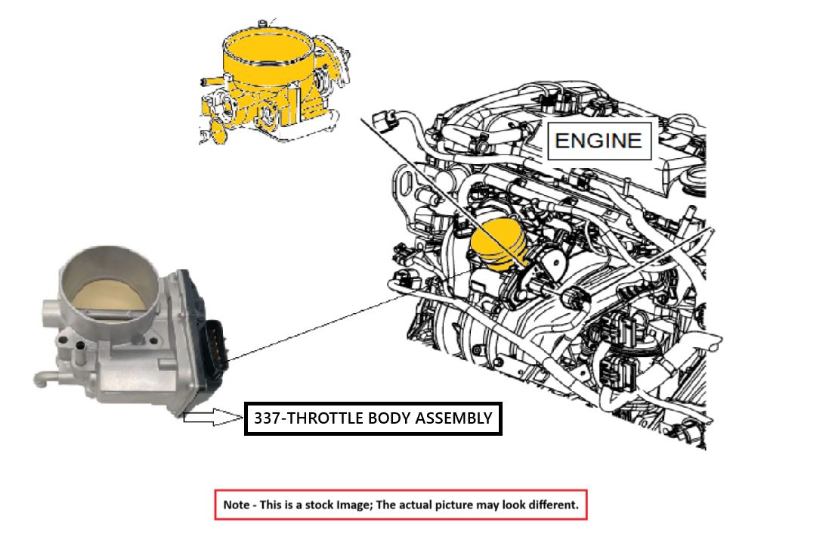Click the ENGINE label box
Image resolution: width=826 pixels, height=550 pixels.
(599, 140)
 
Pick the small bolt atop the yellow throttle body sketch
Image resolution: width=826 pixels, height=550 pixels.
(261, 25)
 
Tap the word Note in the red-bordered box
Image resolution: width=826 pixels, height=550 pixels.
(238, 505)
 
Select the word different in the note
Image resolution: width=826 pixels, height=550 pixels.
(555, 505)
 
